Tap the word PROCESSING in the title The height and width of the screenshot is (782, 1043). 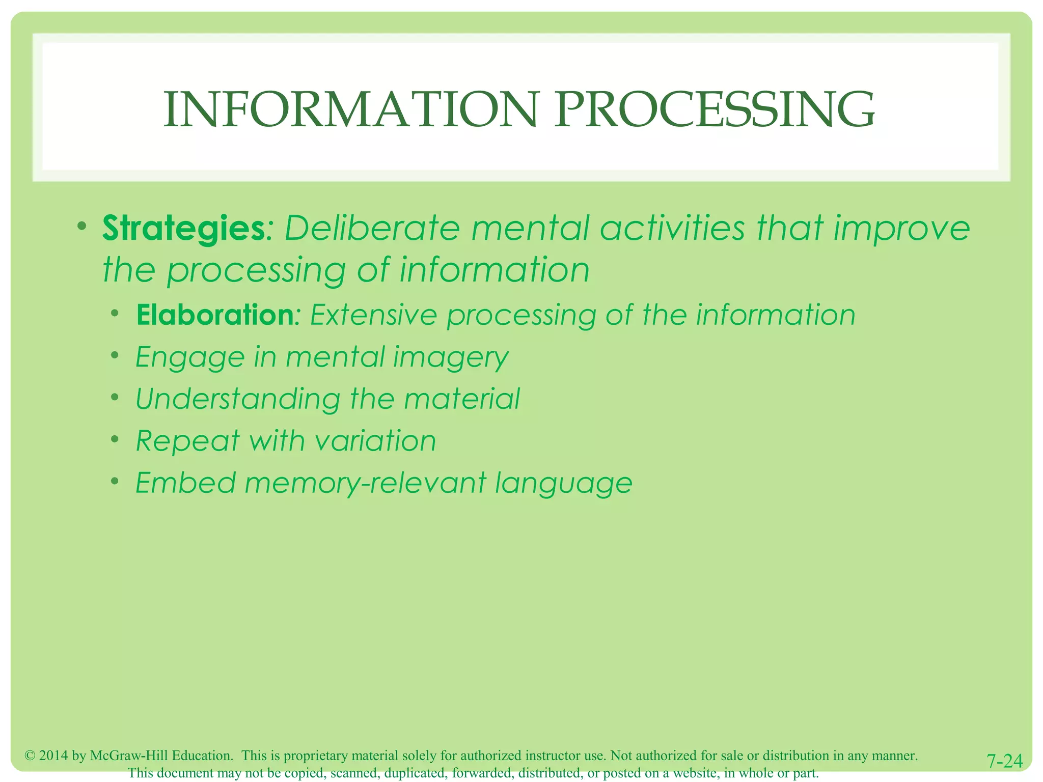[715, 109]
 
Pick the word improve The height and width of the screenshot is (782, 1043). [901, 229]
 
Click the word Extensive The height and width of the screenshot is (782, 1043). [374, 315]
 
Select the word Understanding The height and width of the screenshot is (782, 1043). [238, 399]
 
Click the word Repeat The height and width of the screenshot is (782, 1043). [187, 441]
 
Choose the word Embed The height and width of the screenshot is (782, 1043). [186, 483]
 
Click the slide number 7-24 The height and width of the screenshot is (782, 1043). [1004, 761]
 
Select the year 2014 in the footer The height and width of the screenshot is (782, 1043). [53, 756]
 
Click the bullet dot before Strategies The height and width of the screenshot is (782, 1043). [82, 226]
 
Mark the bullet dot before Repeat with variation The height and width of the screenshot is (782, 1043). [116, 439]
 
